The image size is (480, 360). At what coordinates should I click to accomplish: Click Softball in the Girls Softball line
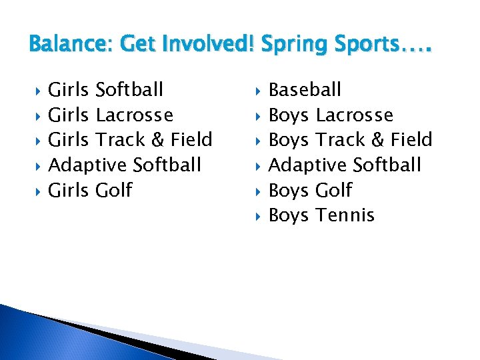coord(129,89)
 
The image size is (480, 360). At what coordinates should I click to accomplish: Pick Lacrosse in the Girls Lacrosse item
coord(134,115)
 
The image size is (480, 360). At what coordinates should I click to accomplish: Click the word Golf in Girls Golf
coord(114,191)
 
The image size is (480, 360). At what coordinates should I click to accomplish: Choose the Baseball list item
coord(305,89)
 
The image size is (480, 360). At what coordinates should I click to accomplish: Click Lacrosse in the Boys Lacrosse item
coord(354,115)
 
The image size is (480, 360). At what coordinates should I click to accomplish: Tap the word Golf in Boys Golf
coord(333,191)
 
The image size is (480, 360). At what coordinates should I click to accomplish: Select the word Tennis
coord(345,215)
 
